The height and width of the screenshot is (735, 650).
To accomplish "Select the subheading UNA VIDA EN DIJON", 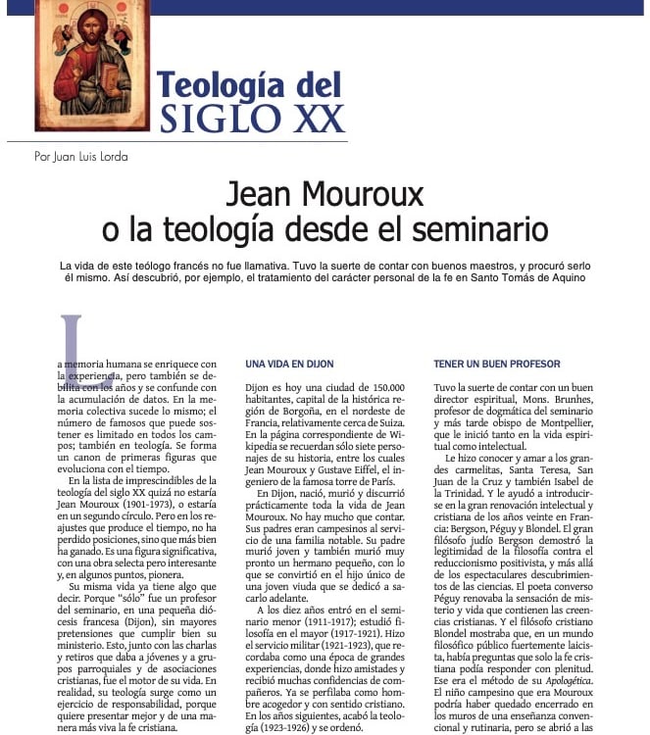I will pyautogui.click(x=289, y=364).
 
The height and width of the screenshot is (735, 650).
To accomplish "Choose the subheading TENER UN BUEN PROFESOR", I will pyautogui.click(x=498, y=364).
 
